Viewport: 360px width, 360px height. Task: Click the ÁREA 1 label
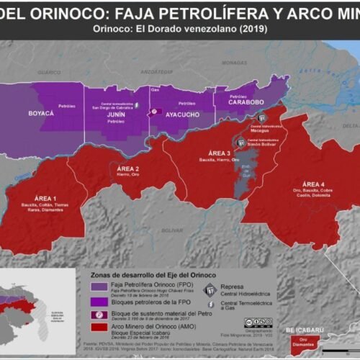45,197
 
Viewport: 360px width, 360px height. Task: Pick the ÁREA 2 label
127,168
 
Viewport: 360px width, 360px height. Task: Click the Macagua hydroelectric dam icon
264,117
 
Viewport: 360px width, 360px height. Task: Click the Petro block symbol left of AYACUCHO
153,112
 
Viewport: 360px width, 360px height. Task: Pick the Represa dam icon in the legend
210,289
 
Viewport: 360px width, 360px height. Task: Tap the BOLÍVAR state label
172,230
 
